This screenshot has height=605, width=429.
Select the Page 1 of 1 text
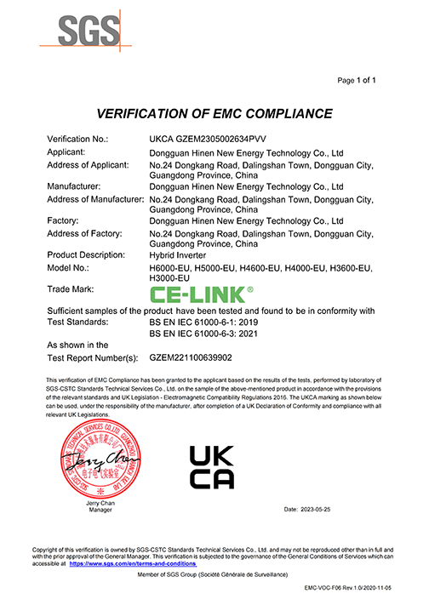tap(357, 80)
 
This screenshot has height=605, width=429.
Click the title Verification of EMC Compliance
tap(214, 113)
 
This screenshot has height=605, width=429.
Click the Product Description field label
tap(86, 254)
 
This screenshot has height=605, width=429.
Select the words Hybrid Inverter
tap(175, 254)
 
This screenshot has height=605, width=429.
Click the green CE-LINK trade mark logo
tap(201, 294)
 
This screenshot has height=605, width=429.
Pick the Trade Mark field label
tap(72, 290)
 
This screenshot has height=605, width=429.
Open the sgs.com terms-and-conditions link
tap(132, 563)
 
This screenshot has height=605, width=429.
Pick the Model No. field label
tap(71, 268)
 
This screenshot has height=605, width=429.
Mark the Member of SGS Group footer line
tap(214, 576)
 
